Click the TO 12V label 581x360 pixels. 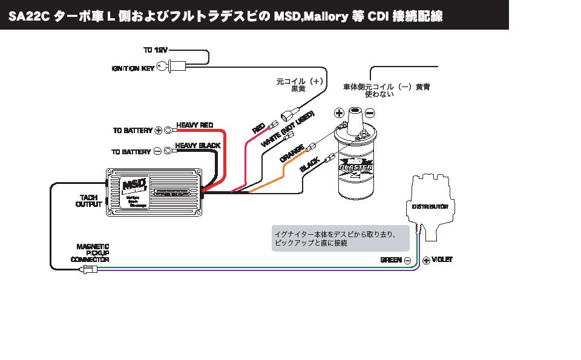tap(156, 50)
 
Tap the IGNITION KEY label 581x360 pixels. tap(133, 68)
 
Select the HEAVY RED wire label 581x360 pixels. tap(194, 125)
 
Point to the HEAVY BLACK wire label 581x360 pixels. tap(197, 146)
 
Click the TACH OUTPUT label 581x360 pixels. tap(89, 201)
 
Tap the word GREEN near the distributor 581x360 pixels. tap(391, 260)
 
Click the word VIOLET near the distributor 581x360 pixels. tap(442, 260)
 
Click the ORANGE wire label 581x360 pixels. tap(292, 153)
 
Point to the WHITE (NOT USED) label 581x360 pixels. tap(287, 129)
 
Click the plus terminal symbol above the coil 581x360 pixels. tap(339, 113)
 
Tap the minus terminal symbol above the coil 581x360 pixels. tap(370, 113)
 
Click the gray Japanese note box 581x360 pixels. tap(340, 238)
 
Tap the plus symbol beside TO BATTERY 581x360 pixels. tap(159, 130)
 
